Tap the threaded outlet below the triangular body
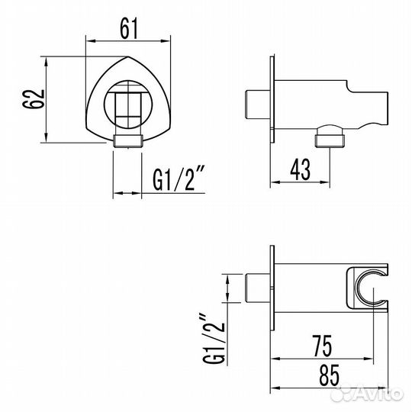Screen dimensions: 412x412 click(x=127, y=139)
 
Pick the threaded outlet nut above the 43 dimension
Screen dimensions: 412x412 click(x=329, y=140)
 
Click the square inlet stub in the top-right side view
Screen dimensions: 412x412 click(x=253, y=104)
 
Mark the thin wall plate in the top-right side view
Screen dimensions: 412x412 click(x=272, y=99)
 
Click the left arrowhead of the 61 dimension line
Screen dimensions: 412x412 click(x=87, y=39)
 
